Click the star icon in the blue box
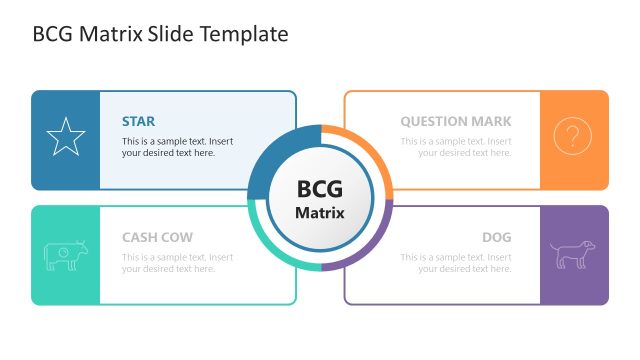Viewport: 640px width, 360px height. pyautogui.click(x=66, y=138)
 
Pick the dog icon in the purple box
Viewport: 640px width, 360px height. pyautogui.click(x=573, y=254)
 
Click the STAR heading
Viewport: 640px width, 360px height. pyautogui.click(x=138, y=122)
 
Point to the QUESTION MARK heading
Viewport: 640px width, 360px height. pyautogui.click(x=456, y=122)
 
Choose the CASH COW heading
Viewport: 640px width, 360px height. pyautogui.click(x=157, y=238)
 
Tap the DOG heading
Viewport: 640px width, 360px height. pyautogui.click(x=496, y=238)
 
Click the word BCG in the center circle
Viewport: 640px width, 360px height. pyautogui.click(x=320, y=189)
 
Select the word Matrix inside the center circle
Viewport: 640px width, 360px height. pyautogui.click(x=320, y=213)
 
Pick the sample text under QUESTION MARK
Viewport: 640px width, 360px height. pyautogui.click(x=456, y=147)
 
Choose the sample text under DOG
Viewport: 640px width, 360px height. pyautogui.click(x=456, y=263)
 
